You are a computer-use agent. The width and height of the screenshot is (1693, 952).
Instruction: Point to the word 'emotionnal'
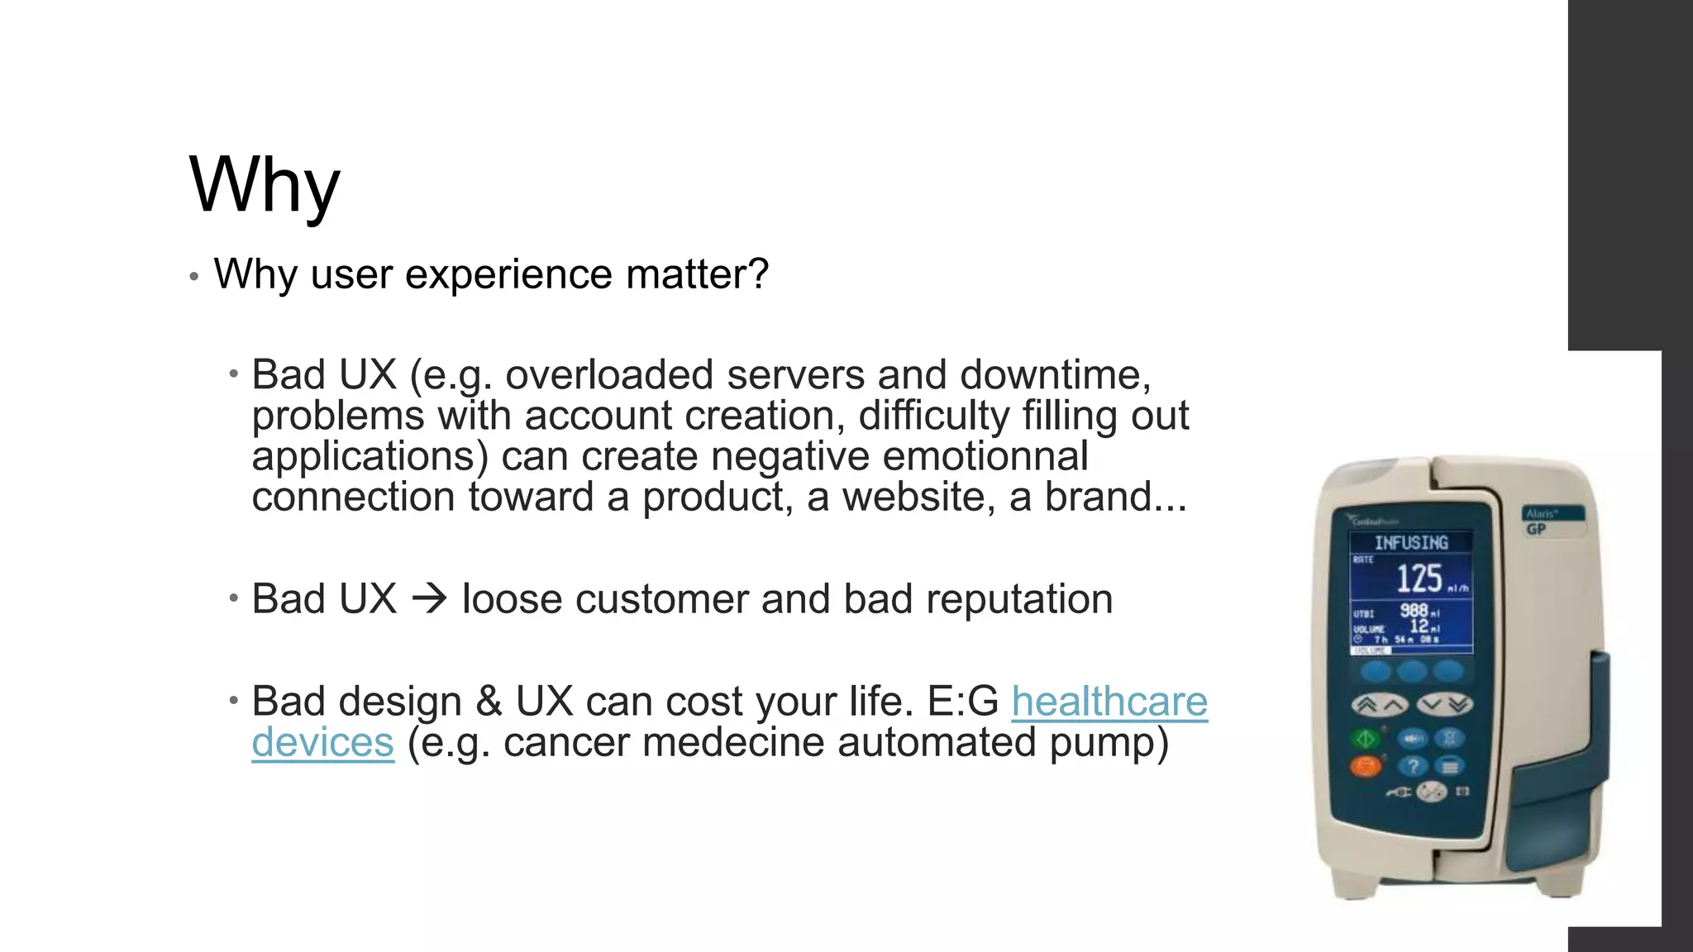(985, 456)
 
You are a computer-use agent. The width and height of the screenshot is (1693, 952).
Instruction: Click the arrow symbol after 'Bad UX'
(429, 598)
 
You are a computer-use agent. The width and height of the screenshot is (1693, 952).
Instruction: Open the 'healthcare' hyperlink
(1109, 702)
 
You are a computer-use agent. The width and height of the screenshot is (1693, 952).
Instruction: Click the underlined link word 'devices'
(322, 742)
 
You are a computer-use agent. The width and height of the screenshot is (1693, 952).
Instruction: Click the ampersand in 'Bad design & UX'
(489, 702)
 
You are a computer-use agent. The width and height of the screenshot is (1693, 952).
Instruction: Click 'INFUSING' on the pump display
(1411, 543)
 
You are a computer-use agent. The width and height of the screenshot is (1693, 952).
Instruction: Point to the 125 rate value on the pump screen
(1419, 578)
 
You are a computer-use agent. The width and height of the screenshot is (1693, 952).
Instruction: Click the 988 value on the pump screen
(1414, 611)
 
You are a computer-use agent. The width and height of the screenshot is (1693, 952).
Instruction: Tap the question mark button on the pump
(1414, 766)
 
